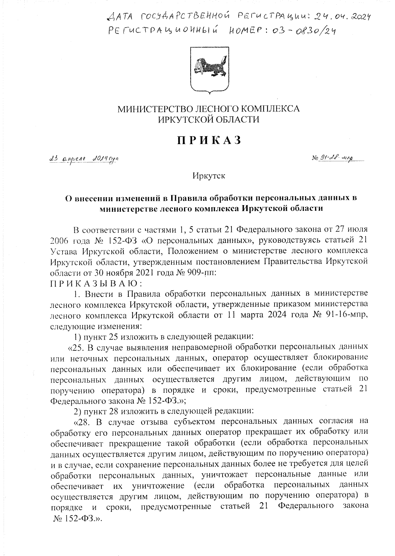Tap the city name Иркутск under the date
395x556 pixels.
click(209, 176)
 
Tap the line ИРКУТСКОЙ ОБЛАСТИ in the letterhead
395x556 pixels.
click(209, 120)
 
